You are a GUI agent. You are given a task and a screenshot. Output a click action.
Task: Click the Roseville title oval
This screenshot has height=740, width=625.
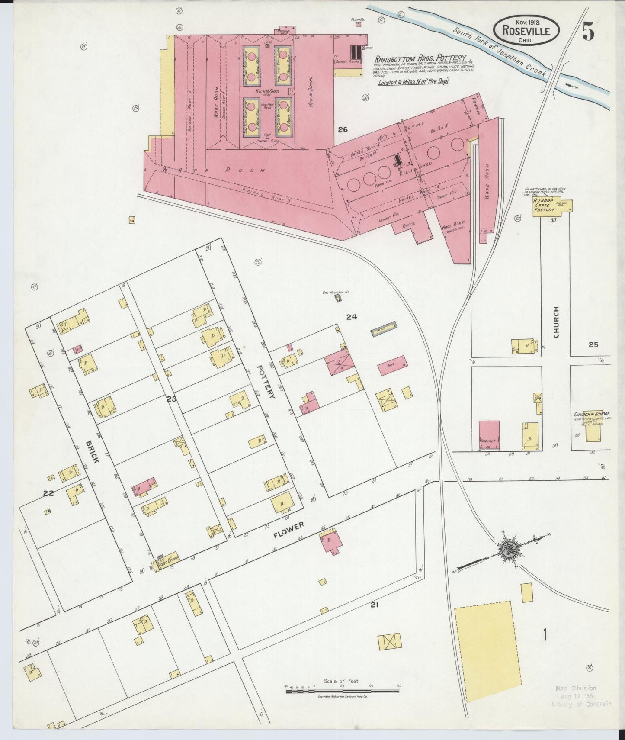point(526,31)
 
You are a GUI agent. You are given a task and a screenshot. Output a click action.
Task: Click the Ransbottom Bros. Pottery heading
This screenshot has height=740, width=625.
point(420,58)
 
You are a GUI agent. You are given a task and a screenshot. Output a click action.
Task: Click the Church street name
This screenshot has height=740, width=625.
point(556,322)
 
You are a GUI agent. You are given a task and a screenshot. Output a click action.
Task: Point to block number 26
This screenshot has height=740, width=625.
point(343,129)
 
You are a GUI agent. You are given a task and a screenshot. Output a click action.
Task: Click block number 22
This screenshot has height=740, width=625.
point(48,492)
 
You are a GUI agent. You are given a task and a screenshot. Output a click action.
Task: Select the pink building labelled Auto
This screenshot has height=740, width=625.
point(392,365)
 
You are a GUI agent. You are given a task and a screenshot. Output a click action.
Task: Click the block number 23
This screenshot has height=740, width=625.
point(172,399)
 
